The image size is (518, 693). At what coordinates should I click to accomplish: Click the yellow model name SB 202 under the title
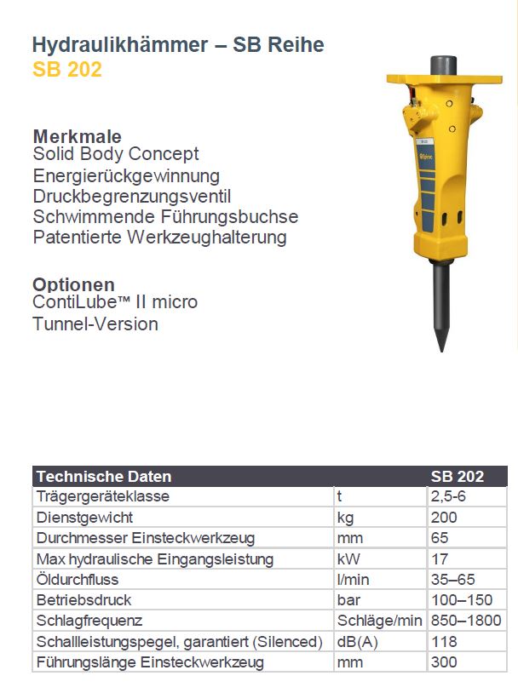(67, 70)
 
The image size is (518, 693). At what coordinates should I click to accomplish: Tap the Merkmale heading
(77, 136)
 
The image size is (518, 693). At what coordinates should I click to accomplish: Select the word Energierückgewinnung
(126, 176)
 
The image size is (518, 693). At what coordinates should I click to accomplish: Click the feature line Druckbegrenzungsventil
(132, 197)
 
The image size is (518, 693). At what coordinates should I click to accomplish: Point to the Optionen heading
(73, 284)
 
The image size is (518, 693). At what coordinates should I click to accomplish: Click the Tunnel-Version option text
(95, 324)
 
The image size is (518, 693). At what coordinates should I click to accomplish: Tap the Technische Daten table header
(104, 477)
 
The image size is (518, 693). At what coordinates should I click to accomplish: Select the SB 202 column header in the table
(457, 477)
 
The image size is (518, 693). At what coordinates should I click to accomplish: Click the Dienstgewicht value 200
(445, 517)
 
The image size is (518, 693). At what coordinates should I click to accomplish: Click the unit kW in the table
(348, 559)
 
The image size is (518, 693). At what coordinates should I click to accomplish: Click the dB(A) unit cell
(356, 642)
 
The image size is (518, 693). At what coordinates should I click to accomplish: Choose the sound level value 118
(445, 642)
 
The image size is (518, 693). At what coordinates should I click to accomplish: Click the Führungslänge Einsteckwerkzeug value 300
(445, 662)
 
